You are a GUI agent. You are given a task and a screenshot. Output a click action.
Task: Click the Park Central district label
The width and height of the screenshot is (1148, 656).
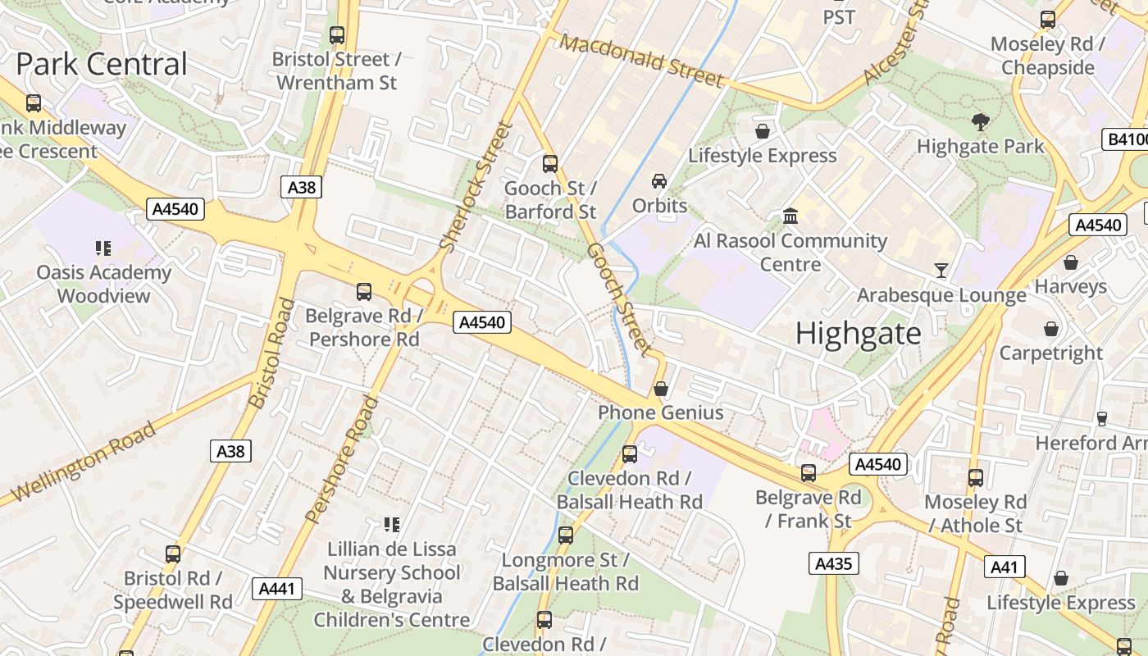[102, 64]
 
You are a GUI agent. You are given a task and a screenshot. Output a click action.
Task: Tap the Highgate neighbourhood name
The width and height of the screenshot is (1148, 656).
[858, 334]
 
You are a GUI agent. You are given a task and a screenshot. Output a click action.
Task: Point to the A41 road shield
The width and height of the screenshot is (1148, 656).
[1004, 567]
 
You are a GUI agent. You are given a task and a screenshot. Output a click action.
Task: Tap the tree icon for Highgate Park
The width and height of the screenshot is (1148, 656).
[980, 123]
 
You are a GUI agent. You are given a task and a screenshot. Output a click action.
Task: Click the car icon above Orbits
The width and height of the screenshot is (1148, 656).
[659, 181]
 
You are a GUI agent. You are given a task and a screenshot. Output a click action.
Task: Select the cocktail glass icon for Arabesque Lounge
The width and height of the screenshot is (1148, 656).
[941, 270]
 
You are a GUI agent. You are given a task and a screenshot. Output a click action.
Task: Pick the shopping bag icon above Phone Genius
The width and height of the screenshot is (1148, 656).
[661, 389]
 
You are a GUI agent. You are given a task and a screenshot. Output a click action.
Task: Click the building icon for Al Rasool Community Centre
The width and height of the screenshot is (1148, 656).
[790, 216]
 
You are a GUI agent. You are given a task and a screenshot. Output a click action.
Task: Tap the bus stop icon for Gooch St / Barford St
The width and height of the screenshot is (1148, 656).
[550, 164]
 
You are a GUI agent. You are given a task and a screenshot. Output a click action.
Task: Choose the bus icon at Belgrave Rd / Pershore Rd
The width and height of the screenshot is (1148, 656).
[363, 292]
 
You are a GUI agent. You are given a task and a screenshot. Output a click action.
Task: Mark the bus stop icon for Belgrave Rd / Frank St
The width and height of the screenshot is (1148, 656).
[809, 473]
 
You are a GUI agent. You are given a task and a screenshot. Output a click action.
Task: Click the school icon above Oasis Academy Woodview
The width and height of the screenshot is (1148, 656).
[103, 248]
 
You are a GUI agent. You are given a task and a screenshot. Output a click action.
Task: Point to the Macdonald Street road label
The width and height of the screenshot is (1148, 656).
[644, 61]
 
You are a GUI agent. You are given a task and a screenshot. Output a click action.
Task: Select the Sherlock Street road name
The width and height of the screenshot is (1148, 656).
[476, 187]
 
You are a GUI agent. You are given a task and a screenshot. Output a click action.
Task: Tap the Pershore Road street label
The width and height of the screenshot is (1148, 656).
[342, 459]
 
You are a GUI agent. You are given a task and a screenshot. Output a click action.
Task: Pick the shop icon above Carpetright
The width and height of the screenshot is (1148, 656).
[1050, 329]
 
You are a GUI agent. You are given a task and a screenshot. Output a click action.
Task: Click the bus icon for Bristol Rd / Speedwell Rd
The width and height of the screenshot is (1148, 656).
[173, 554]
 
